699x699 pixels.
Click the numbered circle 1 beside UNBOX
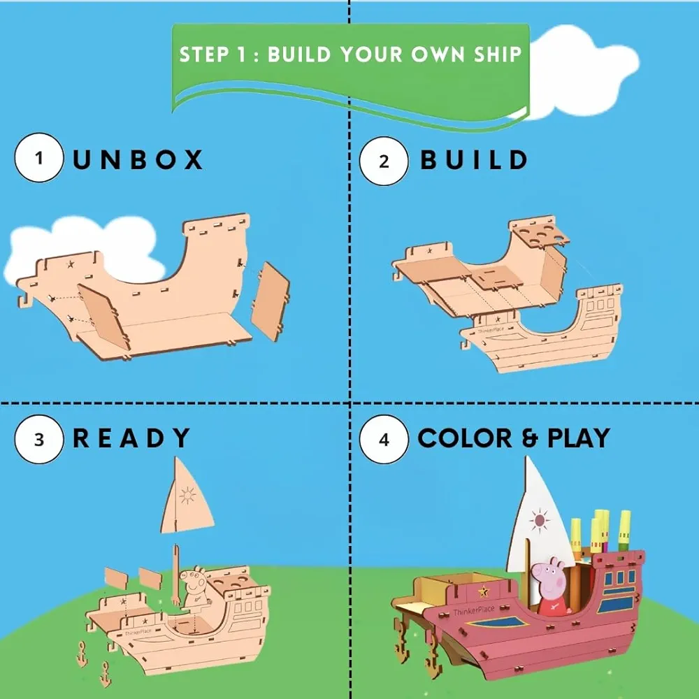tap(38, 158)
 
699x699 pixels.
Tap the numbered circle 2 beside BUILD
tap(384, 161)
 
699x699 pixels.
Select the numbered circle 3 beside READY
tap(38, 440)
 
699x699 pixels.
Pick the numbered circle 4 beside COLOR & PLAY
tap(384, 440)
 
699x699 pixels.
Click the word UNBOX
tap(137, 159)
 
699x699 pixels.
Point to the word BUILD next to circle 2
tap(474, 159)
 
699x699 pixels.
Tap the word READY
tap(131, 438)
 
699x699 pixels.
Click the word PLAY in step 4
tap(578, 438)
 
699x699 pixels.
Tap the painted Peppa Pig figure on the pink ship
tap(551, 586)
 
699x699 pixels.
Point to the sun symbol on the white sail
tap(540, 520)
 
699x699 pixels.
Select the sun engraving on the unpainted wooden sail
tap(187, 496)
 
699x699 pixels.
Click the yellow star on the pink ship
tap(483, 591)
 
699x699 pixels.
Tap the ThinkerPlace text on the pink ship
tap(474, 611)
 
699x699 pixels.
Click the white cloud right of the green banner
tap(582, 71)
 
